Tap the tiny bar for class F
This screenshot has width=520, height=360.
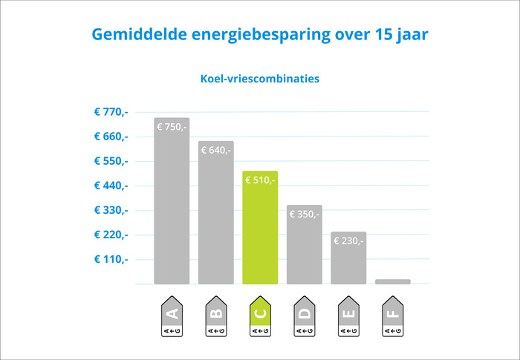click(392, 281)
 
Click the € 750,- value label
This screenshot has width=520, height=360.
click(172, 127)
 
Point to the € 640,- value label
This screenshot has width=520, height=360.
click(215, 150)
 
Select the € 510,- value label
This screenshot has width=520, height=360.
click(260, 180)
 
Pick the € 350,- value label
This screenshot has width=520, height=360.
click(304, 215)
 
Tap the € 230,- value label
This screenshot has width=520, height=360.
click(348, 240)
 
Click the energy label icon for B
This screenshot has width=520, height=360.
click(215, 316)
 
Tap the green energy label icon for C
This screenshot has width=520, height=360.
click(260, 316)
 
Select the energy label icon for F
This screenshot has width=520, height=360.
click(392, 316)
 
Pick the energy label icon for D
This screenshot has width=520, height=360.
click(304, 316)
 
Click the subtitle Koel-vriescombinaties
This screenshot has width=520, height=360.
click(260, 78)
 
